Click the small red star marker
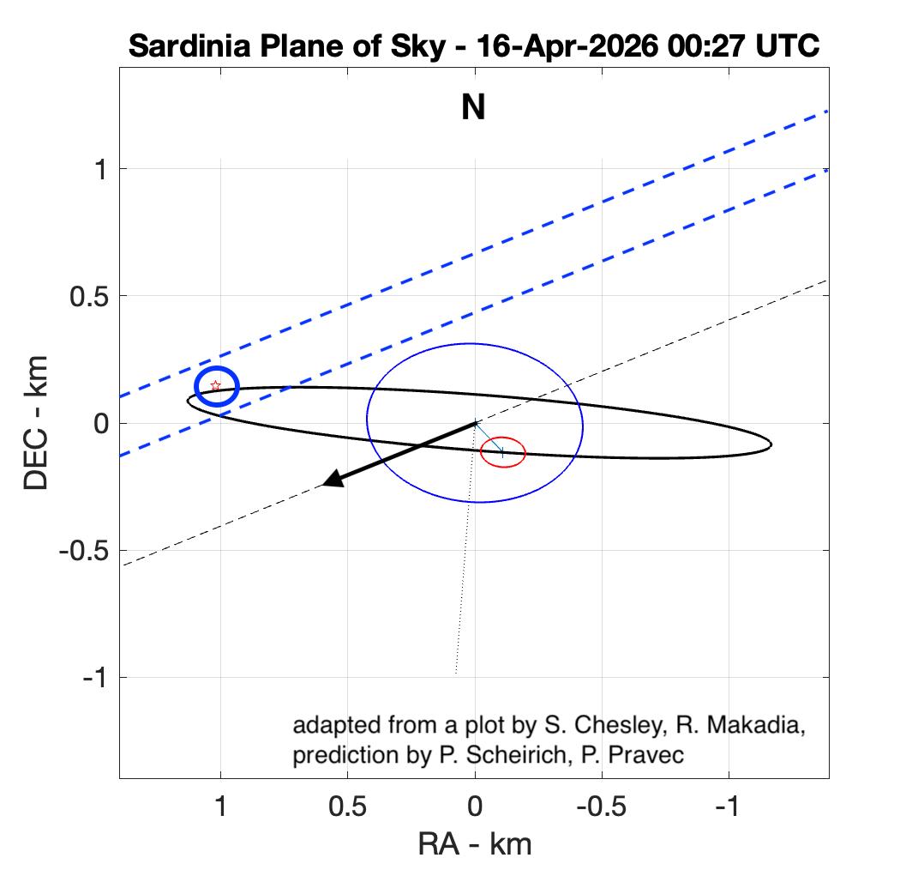[216, 386]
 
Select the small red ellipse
[502, 452]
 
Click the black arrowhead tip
[324, 485]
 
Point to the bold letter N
[473, 108]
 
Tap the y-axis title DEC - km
[37, 423]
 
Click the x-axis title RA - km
[474, 844]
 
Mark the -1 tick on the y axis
[96, 677]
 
